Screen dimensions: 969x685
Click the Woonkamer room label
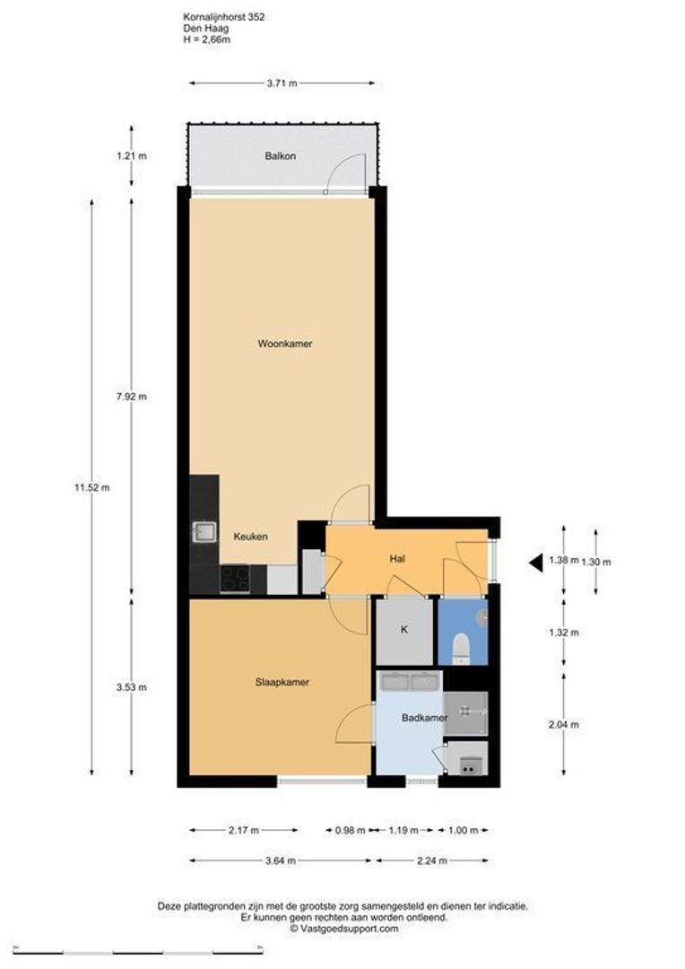pos(284,344)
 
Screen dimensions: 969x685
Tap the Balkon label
pos(280,156)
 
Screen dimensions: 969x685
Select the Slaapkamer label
pos(282,682)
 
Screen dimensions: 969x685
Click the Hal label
pos(398,559)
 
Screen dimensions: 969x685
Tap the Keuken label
pos(250,537)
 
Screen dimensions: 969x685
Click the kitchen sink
pos(203,533)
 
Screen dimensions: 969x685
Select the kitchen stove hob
pos(235,579)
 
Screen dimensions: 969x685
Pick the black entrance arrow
pos(535,563)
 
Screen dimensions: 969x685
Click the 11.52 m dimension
pos(91,488)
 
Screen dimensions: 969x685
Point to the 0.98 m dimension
pos(350,831)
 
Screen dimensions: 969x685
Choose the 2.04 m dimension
pos(563,725)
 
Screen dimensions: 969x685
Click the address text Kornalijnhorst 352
pos(222,16)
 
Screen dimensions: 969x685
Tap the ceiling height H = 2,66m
pos(206,39)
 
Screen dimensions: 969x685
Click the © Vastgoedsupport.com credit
pos(342,929)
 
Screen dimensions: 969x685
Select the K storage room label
pos(404,630)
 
